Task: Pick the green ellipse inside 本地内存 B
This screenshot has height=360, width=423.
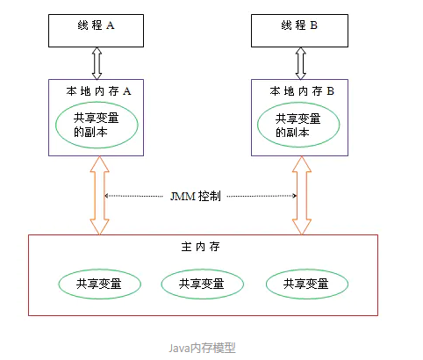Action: pyautogui.click(x=298, y=125)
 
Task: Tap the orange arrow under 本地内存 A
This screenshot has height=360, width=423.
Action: pyautogui.click(x=98, y=196)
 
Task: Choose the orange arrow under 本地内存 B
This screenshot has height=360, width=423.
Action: pyautogui.click(x=302, y=196)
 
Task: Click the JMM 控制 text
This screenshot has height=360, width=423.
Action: pyautogui.click(x=199, y=196)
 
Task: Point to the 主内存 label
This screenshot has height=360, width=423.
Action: pyautogui.click(x=201, y=247)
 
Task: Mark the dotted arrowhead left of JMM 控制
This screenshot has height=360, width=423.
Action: pyautogui.click(x=107, y=196)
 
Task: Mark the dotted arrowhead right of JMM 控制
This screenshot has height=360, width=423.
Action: pyautogui.click(x=295, y=196)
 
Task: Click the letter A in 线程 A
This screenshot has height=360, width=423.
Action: pyautogui.click(x=111, y=26)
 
